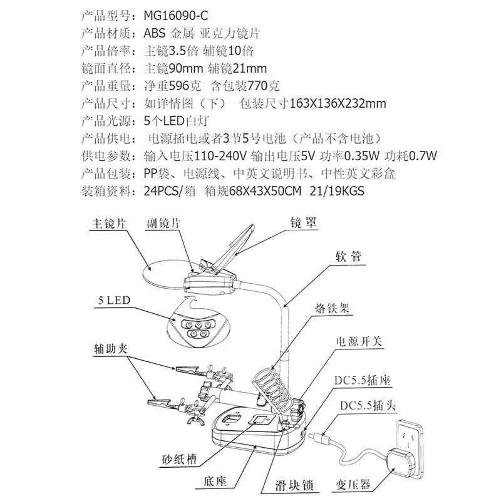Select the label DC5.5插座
tap(369, 381)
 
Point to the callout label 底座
tap(210, 482)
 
